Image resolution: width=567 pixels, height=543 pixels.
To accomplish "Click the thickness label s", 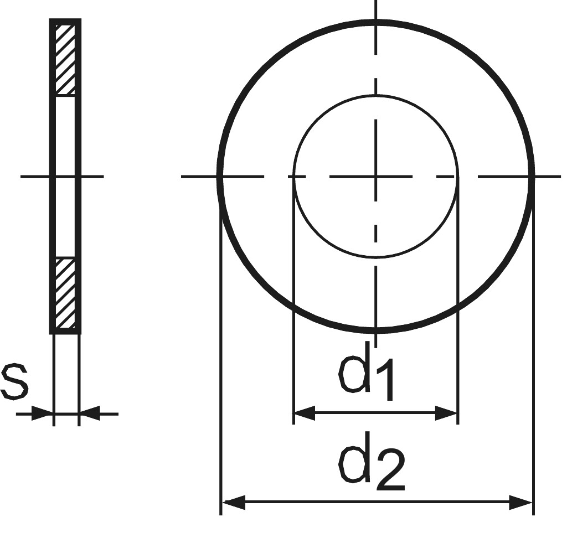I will (14, 381).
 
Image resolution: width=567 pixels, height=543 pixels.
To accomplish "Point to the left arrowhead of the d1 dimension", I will (304, 413).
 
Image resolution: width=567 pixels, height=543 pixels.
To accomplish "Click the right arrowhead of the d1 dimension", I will (447, 413).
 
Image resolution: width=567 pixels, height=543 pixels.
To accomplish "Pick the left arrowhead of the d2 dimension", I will (233, 503).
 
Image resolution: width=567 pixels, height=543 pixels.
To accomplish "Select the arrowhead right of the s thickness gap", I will (90, 413).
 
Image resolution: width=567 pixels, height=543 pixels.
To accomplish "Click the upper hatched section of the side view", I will (65, 59).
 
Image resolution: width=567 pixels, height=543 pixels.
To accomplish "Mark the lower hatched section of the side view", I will (65, 293).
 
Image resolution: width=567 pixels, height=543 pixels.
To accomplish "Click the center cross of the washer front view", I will (376, 177).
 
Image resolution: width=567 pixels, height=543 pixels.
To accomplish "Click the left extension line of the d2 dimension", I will (221, 360).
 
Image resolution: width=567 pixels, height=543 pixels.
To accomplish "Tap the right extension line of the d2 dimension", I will (533, 360).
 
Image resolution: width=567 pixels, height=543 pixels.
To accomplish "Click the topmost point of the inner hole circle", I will (376, 95).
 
